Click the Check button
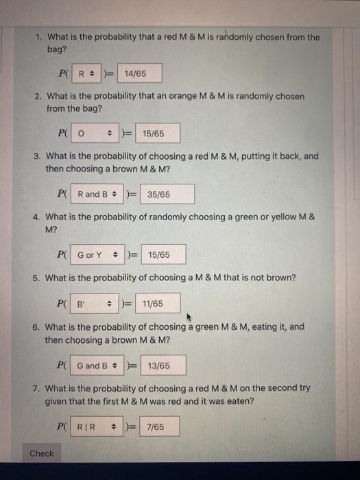(x=41, y=453)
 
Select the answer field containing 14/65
(x=140, y=73)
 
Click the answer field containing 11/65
(x=158, y=304)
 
